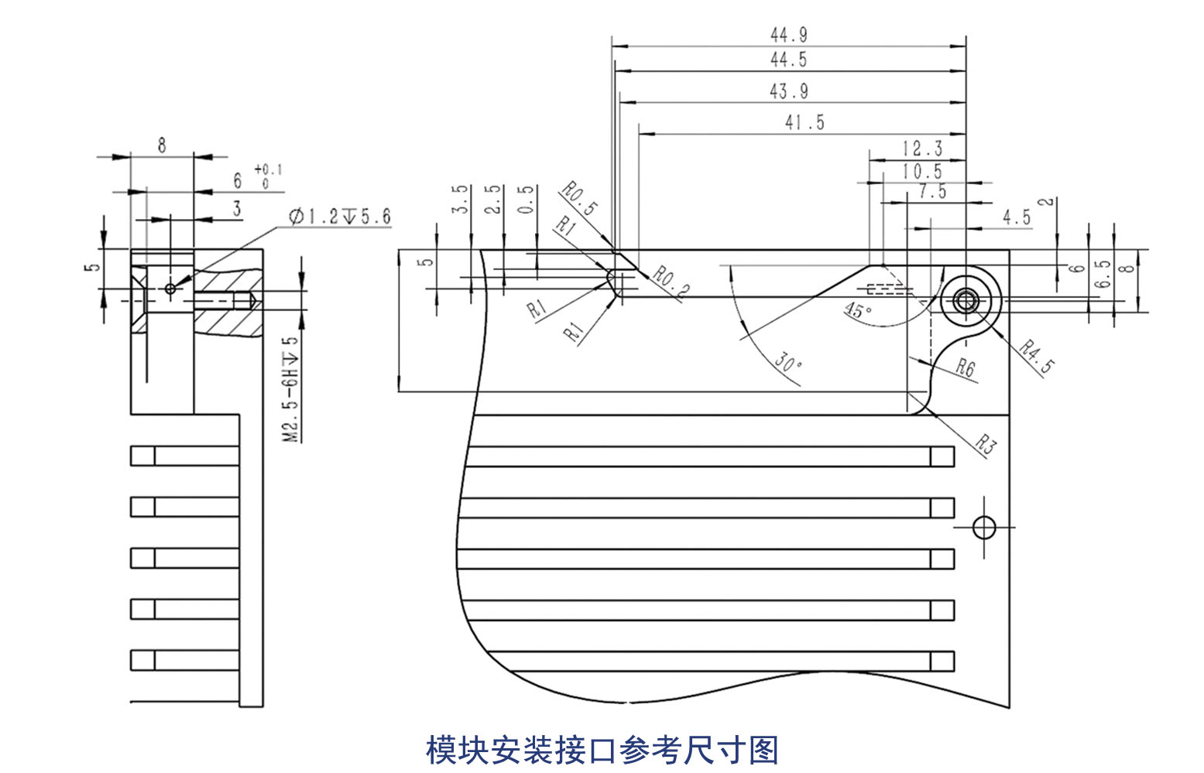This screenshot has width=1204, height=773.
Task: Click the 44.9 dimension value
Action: pos(788,35)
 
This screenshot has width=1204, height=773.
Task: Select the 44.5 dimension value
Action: pos(788,60)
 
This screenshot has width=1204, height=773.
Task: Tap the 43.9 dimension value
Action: pos(788,91)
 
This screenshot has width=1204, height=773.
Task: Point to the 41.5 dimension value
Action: pos(804,122)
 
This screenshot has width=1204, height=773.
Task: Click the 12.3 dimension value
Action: pos(922,149)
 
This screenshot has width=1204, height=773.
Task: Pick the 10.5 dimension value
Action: pos(922,171)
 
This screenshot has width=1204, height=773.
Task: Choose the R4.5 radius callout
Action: pos(1035,356)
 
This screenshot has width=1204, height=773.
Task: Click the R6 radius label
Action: pos(965,368)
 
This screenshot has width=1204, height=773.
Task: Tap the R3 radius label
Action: pos(984,444)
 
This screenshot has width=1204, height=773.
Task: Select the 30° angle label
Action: pos(787,362)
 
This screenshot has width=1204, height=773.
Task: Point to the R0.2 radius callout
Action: pos(670,282)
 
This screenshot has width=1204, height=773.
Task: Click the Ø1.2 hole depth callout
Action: pos(340,217)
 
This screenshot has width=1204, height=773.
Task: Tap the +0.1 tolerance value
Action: pos(268,169)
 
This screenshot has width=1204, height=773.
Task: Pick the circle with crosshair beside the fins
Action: pos(983,528)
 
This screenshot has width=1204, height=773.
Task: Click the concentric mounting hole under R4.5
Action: pos(966,300)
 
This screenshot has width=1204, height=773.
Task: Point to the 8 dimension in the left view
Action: pos(161,145)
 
